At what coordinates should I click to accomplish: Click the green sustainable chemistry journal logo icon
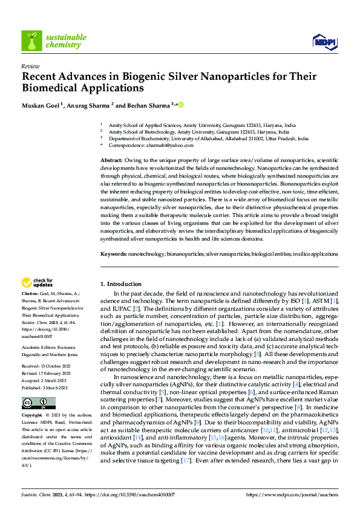(x=31, y=41)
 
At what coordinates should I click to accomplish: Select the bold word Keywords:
(x=114, y=254)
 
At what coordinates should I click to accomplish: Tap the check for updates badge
(x=38, y=282)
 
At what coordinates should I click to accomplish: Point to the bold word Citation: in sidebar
(x=31, y=293)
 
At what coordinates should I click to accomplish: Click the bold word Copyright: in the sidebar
(x=33, y=400)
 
